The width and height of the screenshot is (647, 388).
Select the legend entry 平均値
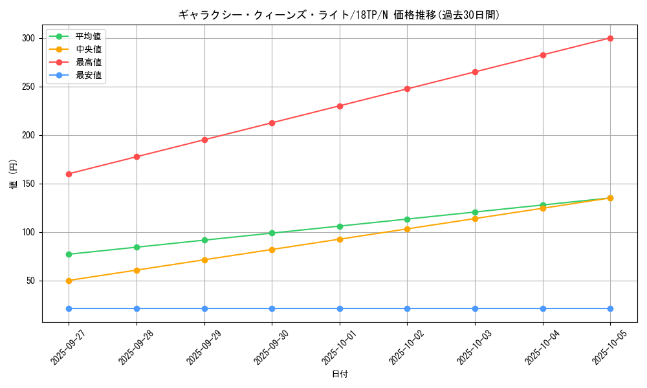click(x=88, y=36)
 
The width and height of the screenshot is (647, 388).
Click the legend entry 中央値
click(x=88, y=49)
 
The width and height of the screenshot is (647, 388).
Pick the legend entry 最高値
click(x=88, y=62)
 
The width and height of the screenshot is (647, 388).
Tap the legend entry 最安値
click(x=88, y=75)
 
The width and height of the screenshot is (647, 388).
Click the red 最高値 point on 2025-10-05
click(x=610, y=38)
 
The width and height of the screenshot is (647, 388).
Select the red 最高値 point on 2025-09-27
click(x=69, y=174)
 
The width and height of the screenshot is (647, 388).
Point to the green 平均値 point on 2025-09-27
click(x=69, y=254)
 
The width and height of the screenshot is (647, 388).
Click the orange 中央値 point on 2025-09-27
click(x=69, y=281)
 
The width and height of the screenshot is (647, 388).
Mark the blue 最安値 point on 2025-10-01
click(x=340, y=308)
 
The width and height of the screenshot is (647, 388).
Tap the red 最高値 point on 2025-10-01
click(x=340, y=106)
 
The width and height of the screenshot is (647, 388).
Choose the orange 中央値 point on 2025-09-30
click(x=272, y=250)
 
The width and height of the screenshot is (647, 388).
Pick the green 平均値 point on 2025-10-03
click(x=475, y=212)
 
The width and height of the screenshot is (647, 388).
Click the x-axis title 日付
click(x=340, y=374)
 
